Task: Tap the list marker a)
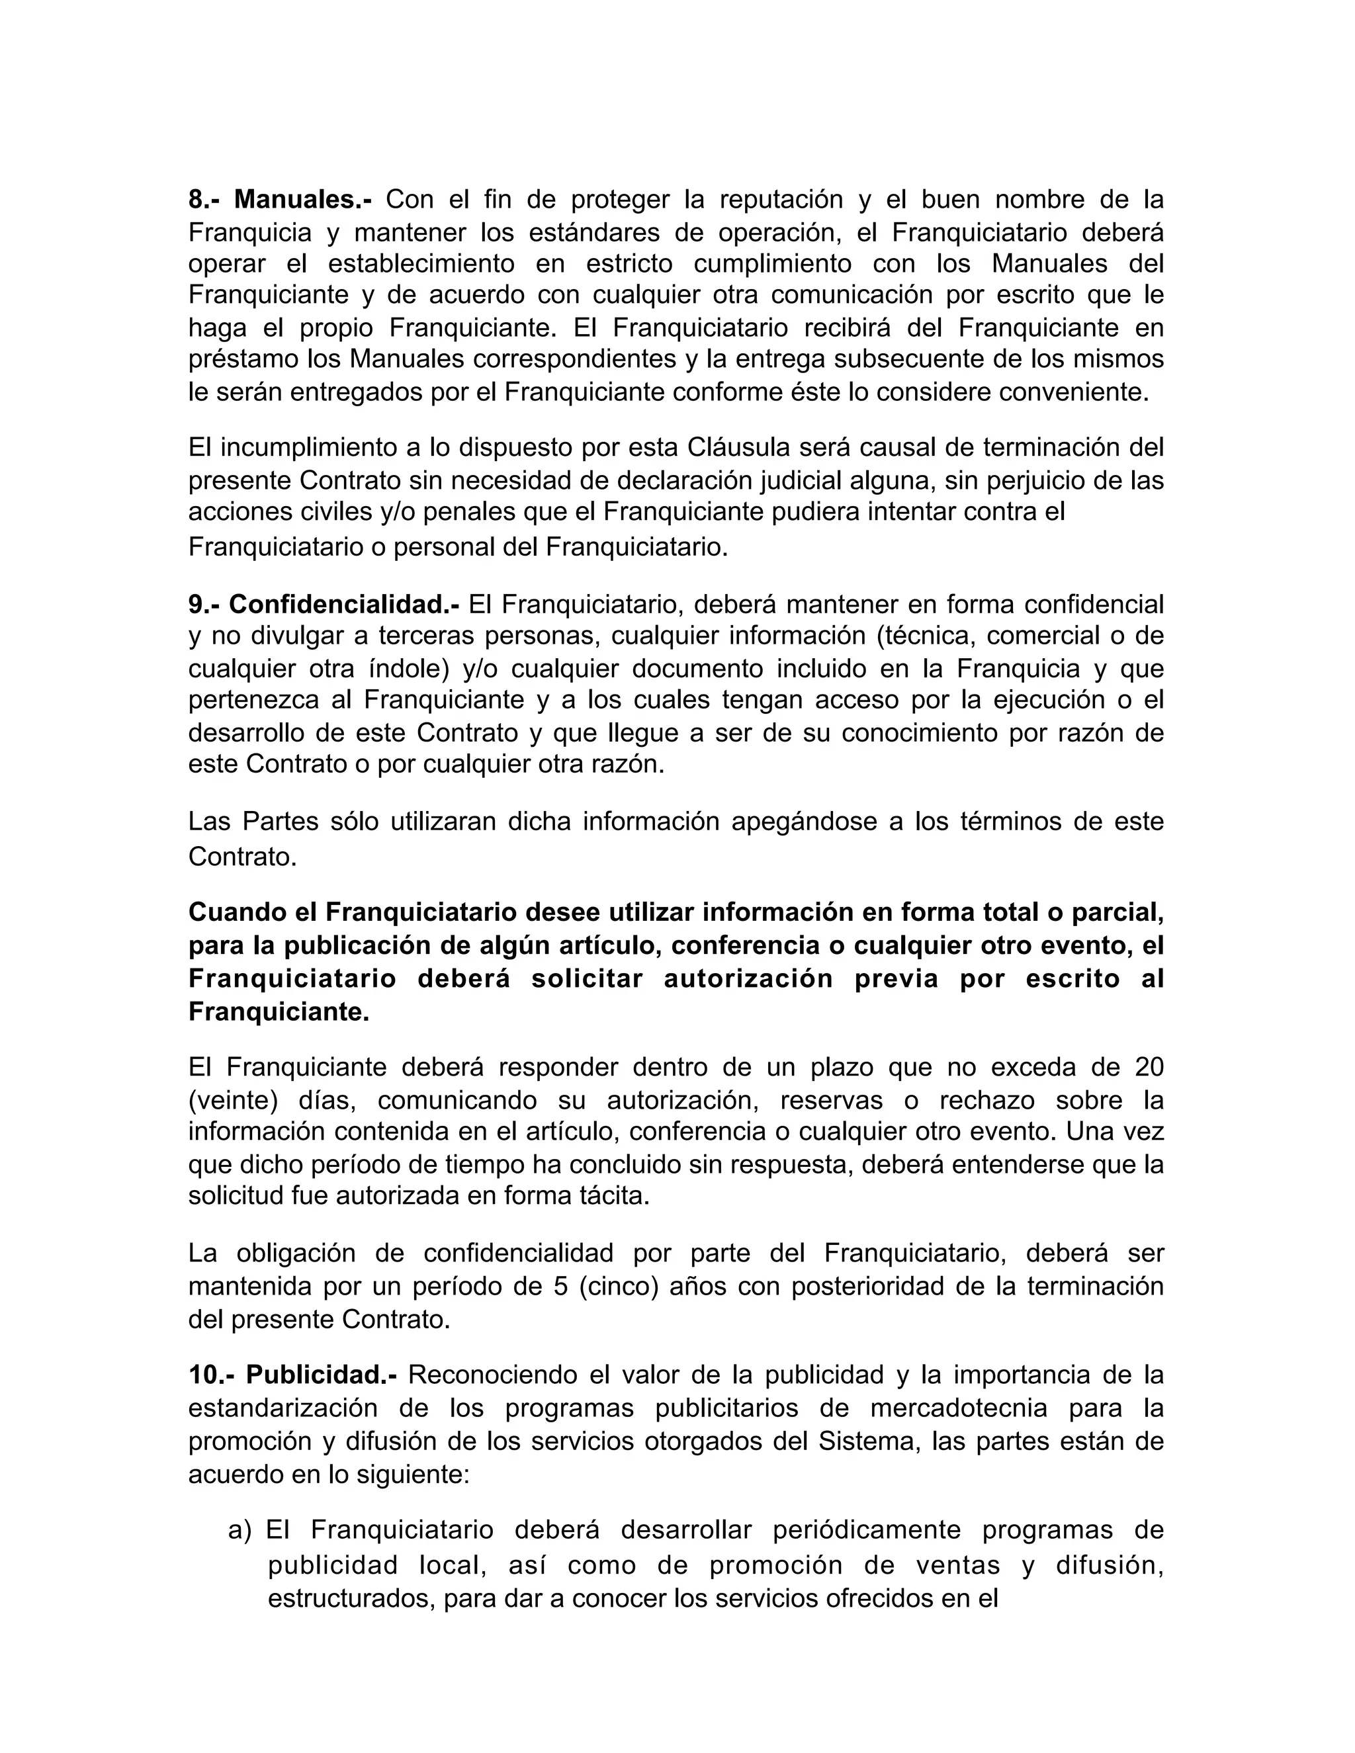[x=240, y=1530]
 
